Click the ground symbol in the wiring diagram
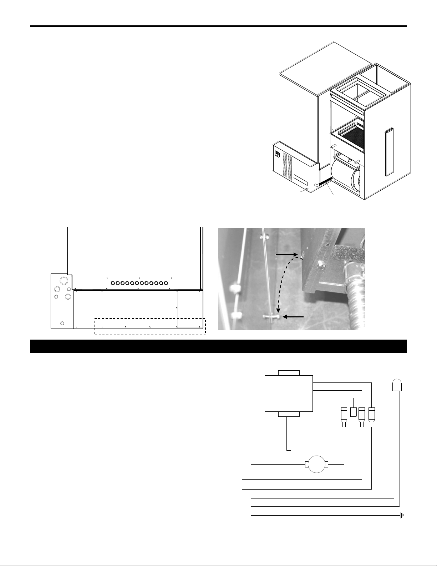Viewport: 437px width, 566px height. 402,516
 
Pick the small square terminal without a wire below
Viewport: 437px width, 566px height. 354,412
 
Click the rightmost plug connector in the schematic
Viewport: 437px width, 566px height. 372,416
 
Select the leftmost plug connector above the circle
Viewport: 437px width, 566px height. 344,416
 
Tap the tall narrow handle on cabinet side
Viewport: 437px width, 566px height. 388,152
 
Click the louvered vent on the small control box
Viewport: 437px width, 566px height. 288,166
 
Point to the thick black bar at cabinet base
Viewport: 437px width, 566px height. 326,182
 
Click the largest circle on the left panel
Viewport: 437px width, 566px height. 63,280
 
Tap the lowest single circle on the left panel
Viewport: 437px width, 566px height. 62,323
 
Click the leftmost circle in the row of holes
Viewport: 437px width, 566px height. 113,283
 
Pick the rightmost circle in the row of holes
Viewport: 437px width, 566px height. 166,283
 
